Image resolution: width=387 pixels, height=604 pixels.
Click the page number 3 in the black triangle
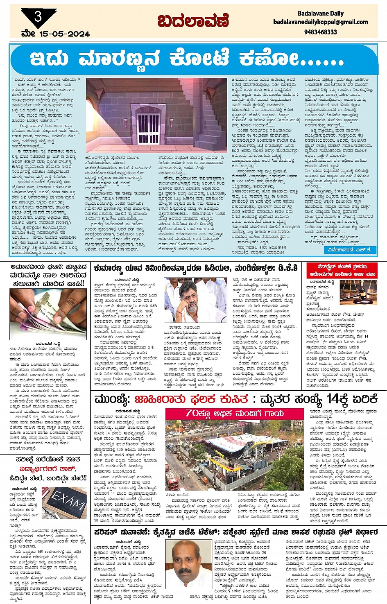point(38,17)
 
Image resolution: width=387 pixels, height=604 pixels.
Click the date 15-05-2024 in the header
point(64,34)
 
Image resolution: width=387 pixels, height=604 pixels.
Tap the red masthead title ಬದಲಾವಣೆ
point(193,21)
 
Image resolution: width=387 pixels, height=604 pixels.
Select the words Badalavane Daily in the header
point(320,14)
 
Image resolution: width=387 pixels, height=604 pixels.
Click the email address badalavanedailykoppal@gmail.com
point(320,22)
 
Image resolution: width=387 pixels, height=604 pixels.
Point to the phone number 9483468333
point(320,32)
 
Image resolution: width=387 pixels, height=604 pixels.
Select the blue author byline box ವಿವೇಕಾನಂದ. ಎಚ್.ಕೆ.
point(349,249)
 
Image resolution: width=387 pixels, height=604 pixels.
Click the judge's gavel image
point(358,292)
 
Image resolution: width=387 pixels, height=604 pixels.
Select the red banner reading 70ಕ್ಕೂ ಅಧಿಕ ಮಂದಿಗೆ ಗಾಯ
point(235,413)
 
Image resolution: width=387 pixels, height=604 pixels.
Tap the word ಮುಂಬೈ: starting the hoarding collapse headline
point(112,399)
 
